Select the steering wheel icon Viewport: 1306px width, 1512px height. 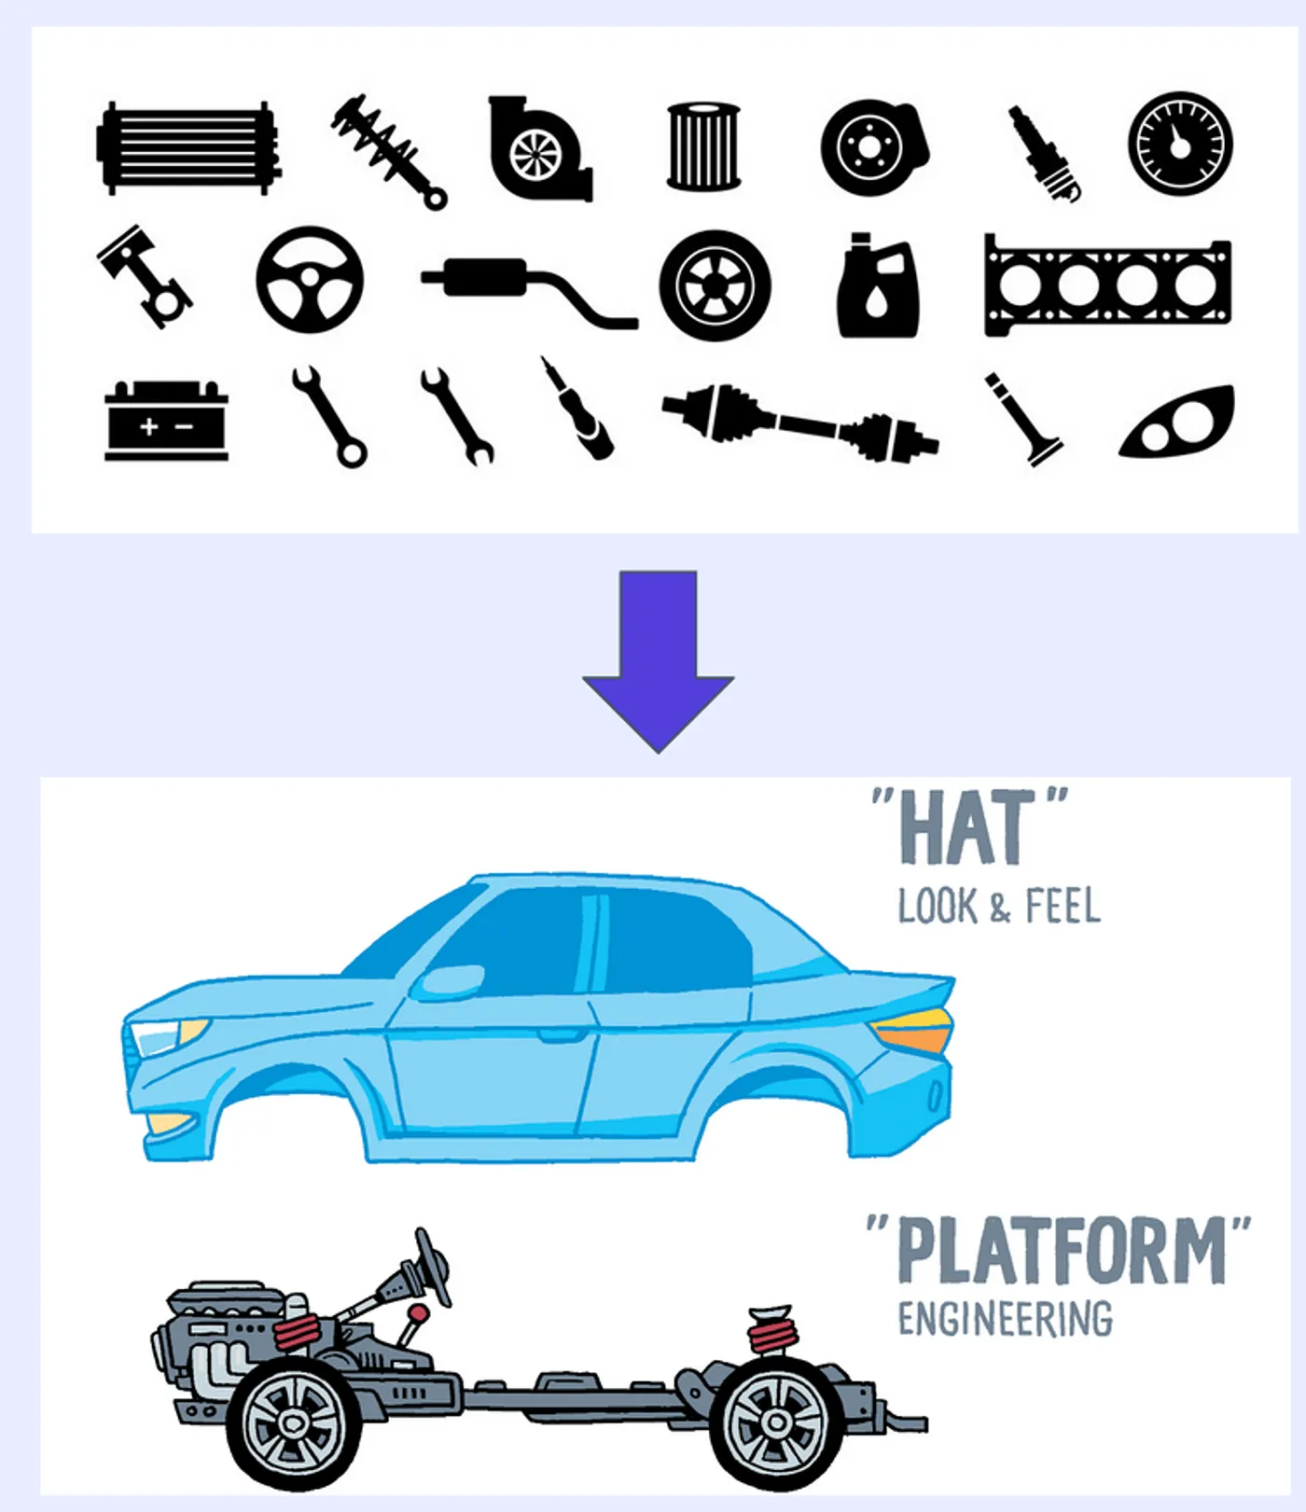point(310,280)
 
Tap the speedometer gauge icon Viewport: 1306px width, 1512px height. point(1180,144)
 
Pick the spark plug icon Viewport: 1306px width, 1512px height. point(1046,153)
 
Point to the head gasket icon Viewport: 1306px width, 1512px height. point(1108,284)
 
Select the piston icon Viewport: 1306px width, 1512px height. point(145,276)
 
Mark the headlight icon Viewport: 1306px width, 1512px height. point(1177,423)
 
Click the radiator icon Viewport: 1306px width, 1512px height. point(189,148)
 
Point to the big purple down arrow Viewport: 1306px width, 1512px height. point(659,661)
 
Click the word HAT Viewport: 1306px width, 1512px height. point(967,828)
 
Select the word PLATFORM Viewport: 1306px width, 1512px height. point(1061,1251)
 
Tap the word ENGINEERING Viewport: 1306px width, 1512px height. point(1006,1320)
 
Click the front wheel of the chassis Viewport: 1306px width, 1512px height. point(295,1422)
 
